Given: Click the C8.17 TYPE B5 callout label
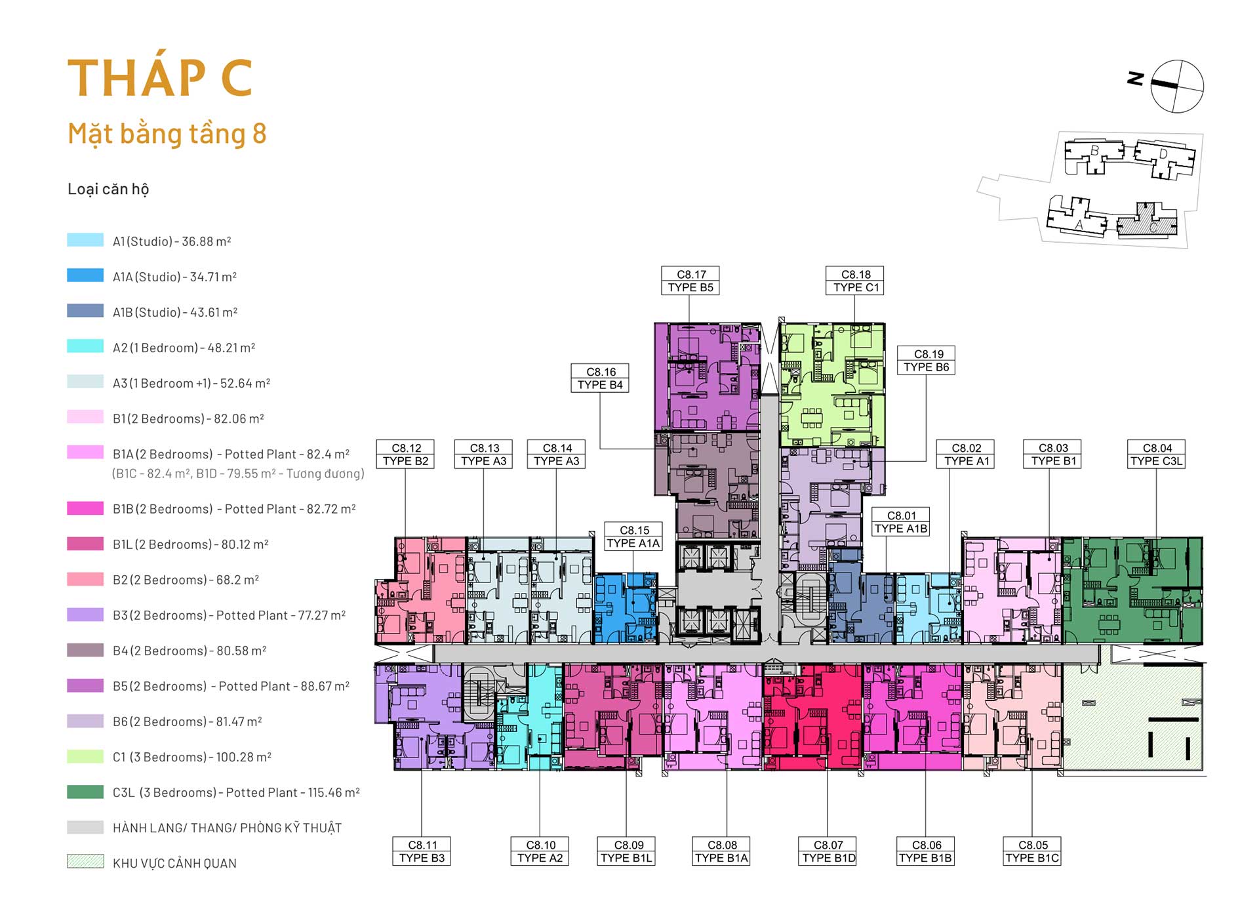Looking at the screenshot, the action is (x=690, y=281).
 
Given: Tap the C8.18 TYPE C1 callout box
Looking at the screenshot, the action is (x=855, y=281).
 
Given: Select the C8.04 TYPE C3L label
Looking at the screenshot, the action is (x=1156, y=455).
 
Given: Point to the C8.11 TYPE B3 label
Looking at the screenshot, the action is (x=422, y=851).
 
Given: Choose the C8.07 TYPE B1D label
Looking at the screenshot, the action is (x=828, y=851).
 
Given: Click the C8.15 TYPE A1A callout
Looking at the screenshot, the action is (x=633, y=536).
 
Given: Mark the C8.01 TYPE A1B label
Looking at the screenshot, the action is (x=901, y=522).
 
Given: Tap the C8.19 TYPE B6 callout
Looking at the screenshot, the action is (x=927, y=361).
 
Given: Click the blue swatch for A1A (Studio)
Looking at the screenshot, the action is (x=85, y=275).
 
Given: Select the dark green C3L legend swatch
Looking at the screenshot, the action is (x=85, y=792).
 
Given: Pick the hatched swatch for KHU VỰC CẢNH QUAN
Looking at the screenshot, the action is (x=85, y=862).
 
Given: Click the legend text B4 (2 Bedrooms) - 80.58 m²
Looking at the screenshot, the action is (x=190, y=651).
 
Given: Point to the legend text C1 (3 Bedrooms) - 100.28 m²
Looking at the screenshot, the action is (x=192, y=757).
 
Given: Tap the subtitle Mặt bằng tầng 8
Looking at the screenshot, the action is (x=167, y=134).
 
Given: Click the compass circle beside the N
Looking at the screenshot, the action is (x=1177, y=86).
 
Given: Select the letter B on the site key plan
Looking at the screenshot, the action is (x=1094, y=151).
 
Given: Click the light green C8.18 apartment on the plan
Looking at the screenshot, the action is (x=831, y=385).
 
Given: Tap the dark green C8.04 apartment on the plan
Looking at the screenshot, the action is (x=1132, y=590).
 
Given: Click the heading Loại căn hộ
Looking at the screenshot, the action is (x=108, y=190).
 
